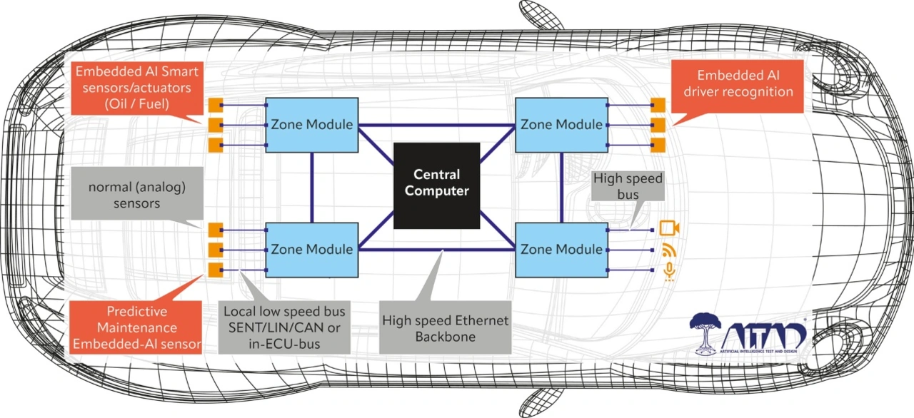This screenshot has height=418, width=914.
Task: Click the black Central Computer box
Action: tap(436, 185)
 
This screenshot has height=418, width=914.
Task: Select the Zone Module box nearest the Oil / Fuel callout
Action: tap(312, 125)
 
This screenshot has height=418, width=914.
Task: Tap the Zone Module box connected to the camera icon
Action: tap(561, 250)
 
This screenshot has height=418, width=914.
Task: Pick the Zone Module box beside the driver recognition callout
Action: tap(561, 125)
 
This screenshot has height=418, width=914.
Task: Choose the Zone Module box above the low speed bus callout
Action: tap(312, 250)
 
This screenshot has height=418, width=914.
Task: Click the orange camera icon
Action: tap(669, 228)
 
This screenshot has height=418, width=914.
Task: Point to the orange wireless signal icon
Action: tap(669, 250)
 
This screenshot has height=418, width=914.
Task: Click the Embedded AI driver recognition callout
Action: tap(738, 86)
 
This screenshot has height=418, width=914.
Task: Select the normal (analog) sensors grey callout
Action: tap(137, 193)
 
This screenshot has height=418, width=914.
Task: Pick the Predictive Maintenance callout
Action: tap(136, 327)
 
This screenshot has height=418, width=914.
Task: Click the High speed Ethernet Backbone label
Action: tap(445, 327)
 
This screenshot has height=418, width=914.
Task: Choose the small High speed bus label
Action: tap(628, 185)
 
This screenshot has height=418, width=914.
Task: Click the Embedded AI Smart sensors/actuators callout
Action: tap(137, 88)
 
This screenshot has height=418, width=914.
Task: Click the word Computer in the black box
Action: tap(436, 190)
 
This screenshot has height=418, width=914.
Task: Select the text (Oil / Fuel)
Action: tap(136, 104)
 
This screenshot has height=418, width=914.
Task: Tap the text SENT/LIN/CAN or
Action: tap(284, 327)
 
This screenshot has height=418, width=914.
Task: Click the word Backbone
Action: tap(445, 337)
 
